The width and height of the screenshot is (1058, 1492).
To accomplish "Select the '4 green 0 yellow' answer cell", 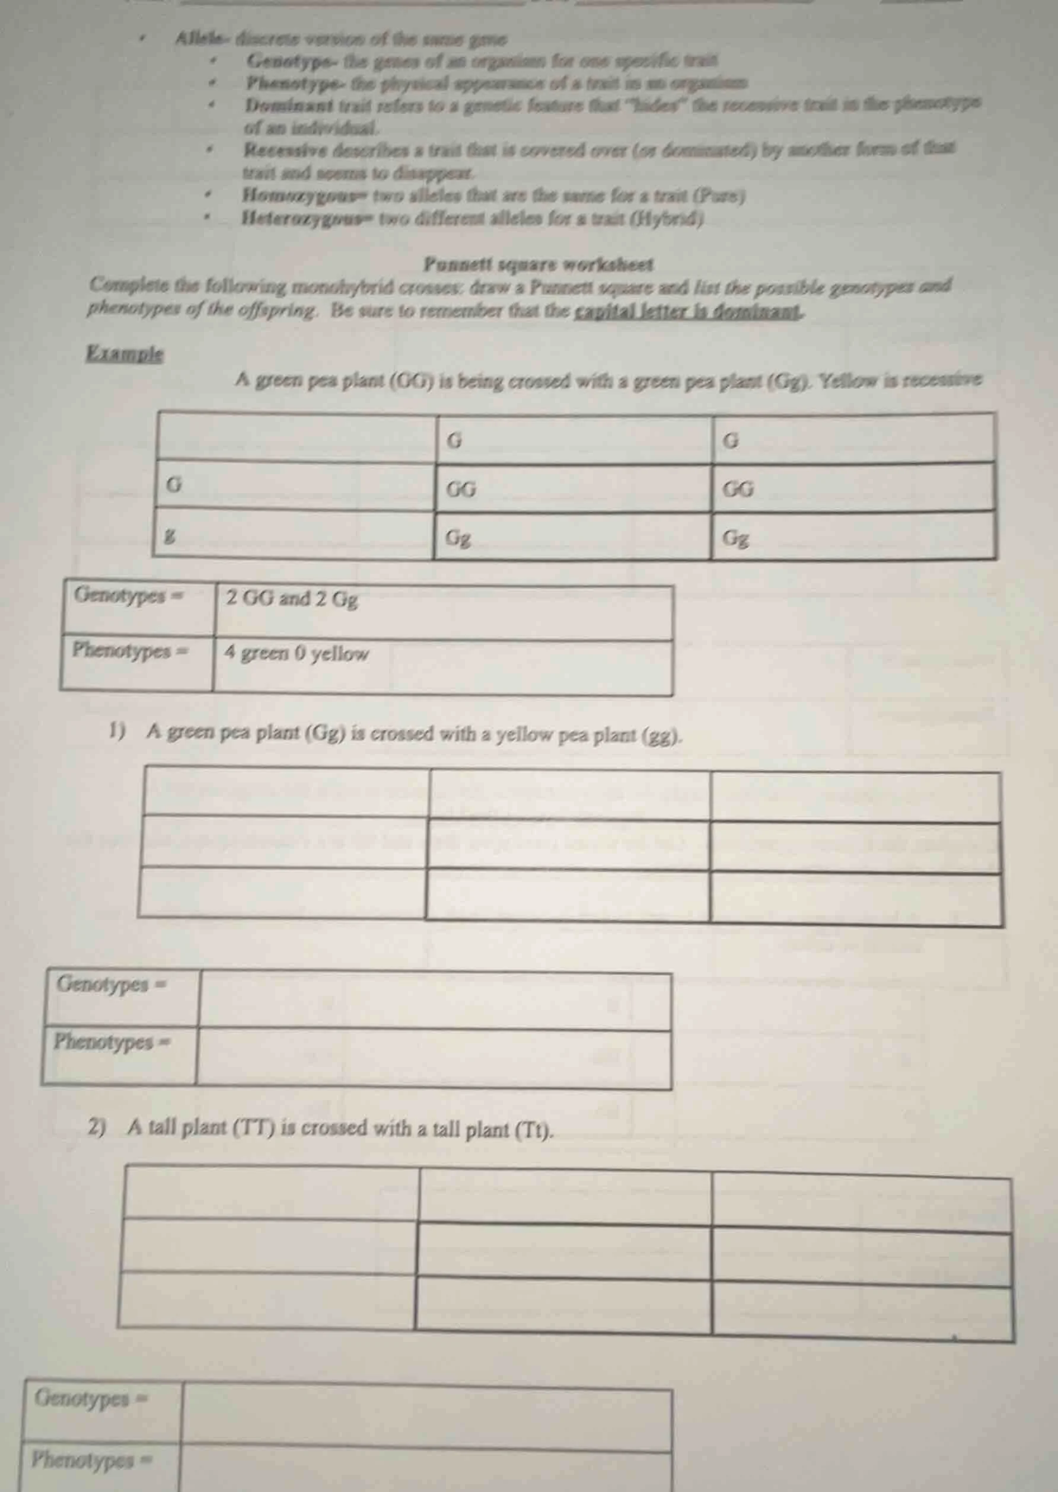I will click(x=443, y=666).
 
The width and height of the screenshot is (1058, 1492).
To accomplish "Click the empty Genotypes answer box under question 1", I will click(x=434, y=1001).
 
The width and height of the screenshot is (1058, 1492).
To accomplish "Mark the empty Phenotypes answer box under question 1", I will click(x=434, y=1058).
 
